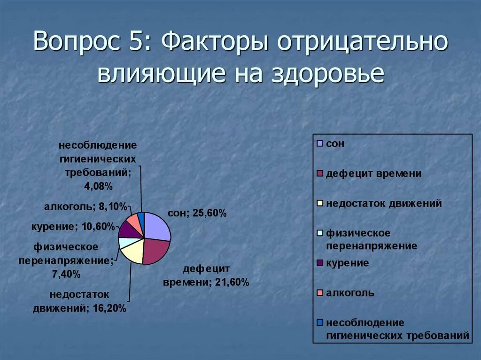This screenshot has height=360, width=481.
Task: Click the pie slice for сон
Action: pos(157,227)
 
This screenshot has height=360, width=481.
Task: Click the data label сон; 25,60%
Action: pos(197,214)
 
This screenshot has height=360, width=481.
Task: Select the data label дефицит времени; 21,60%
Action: pos(206,276)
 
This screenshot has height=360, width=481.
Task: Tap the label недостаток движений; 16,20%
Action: pos(79,302)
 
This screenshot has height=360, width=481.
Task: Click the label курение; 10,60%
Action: pos(73,227)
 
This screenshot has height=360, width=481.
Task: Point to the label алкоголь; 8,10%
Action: pos(86,206)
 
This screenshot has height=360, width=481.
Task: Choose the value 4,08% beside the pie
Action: pos(98,186)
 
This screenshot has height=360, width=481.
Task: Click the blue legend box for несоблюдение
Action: pos(320,323)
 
